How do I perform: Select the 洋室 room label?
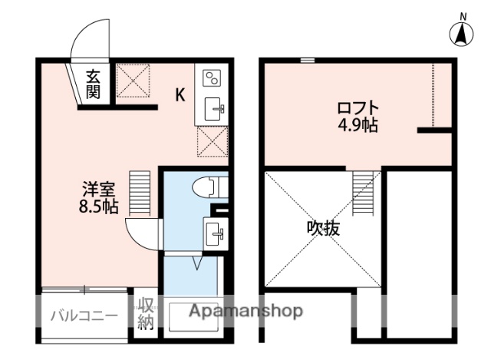click(97, 189)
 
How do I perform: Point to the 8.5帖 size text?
click(97, 206)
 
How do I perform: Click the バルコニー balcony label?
click(84, 315)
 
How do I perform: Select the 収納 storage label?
click(145, 313)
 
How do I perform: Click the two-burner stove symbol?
click(212, 78)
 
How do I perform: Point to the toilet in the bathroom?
click(206, 187)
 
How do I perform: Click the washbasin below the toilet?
click(213, 230)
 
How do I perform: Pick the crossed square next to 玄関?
click(133, 81)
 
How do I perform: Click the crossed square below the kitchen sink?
click(212, 140)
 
